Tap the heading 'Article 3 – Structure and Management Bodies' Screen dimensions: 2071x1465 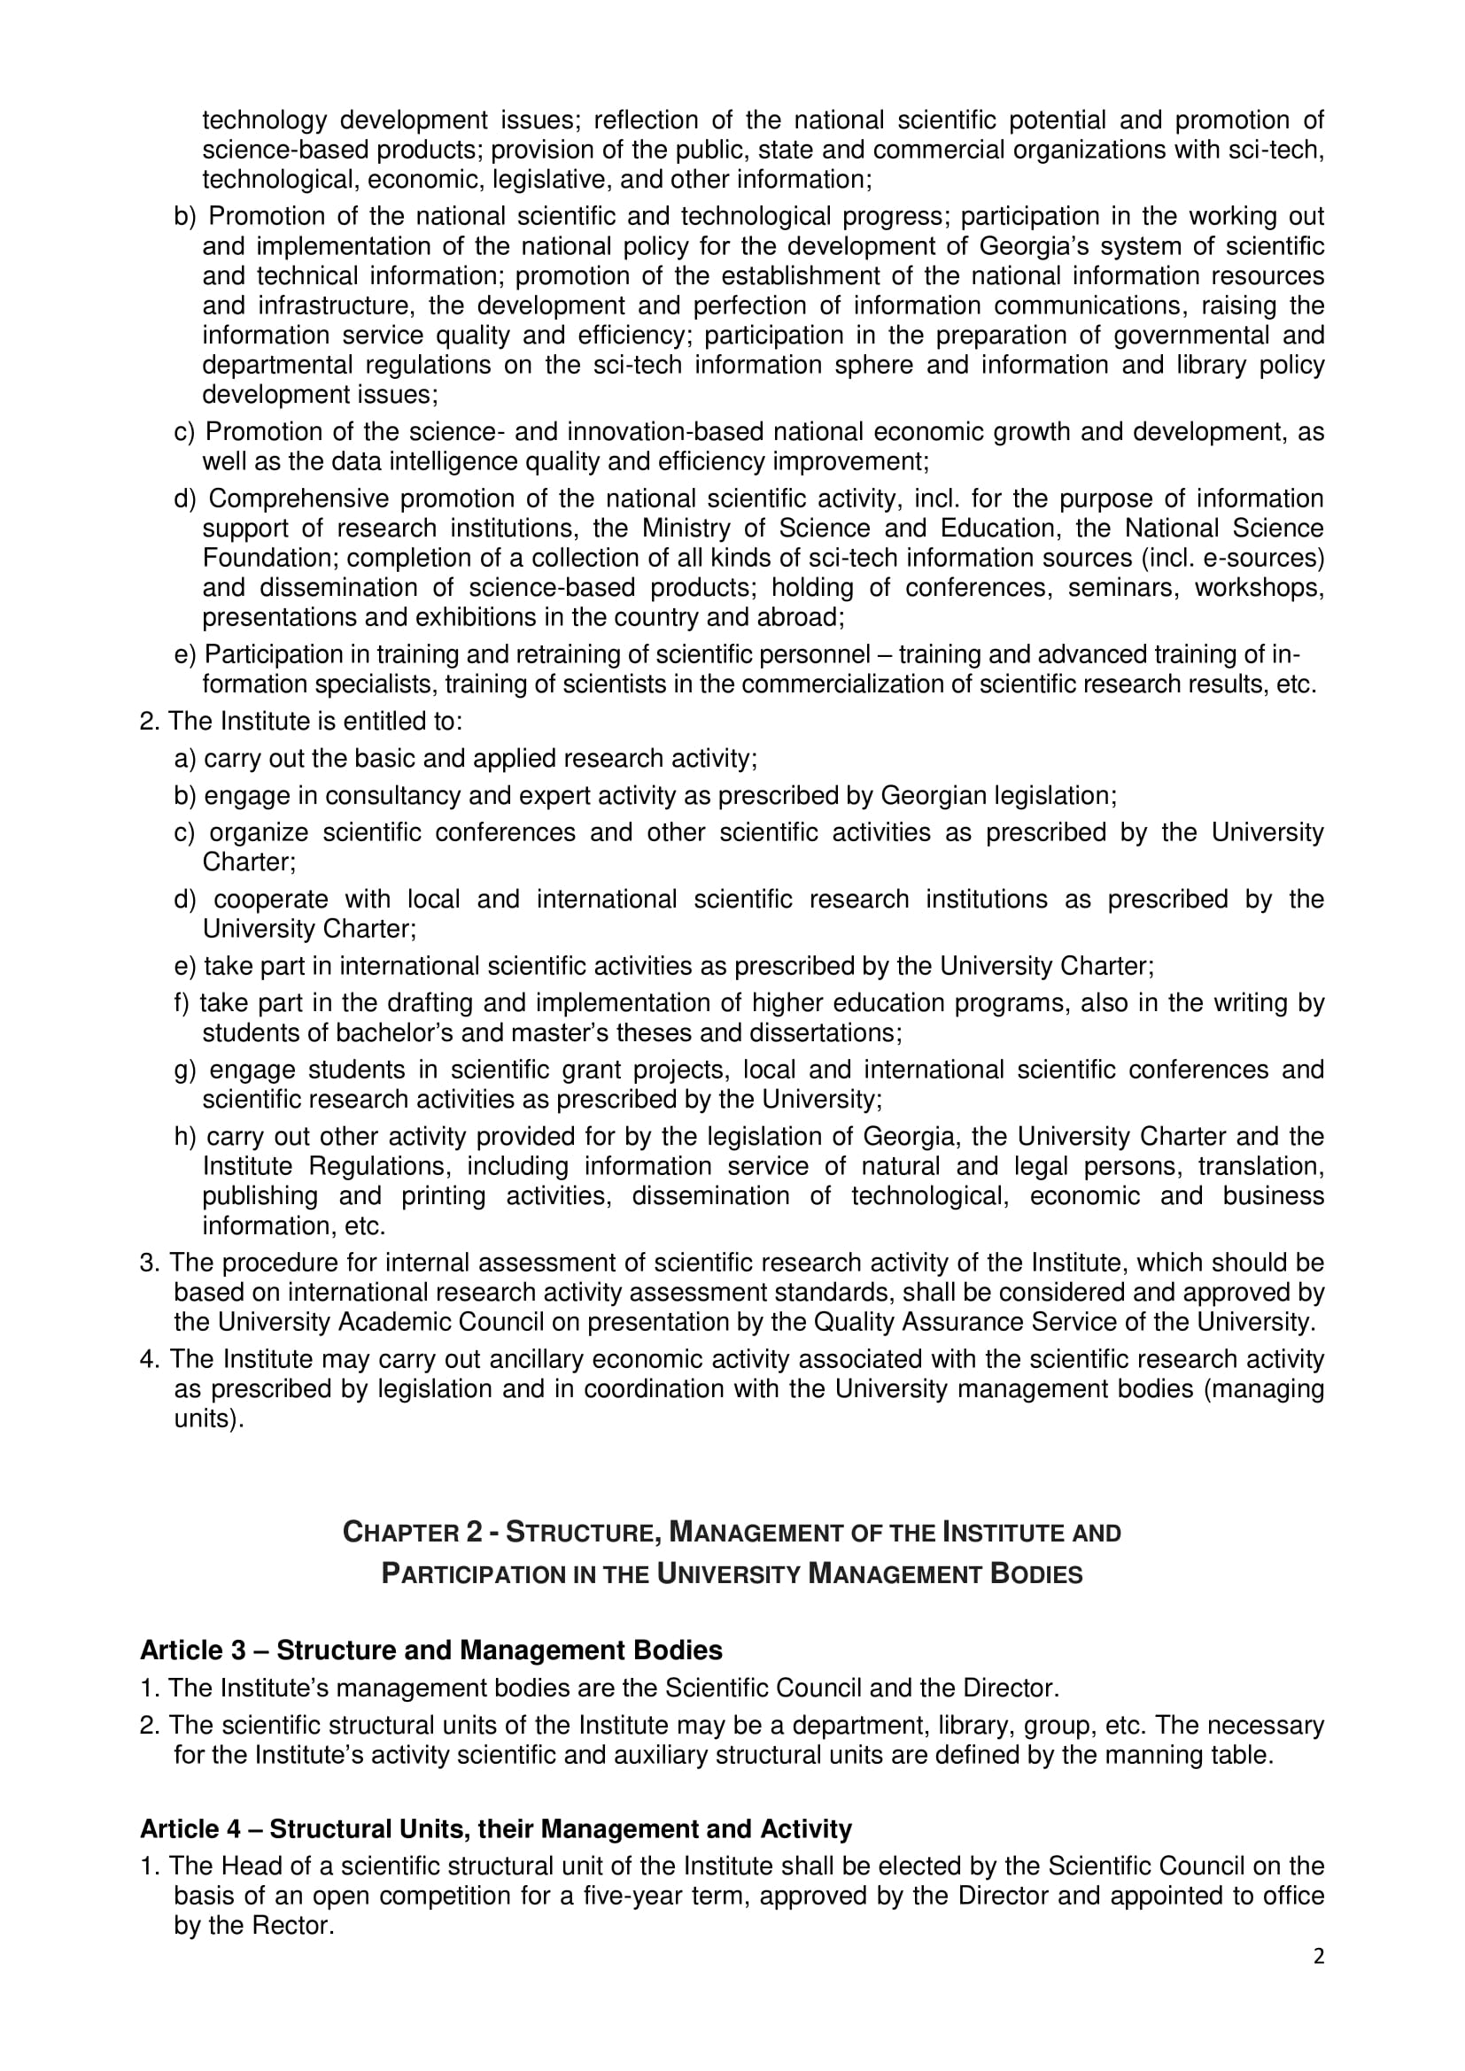coord(431,1650)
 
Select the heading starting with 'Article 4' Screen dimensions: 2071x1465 coord(495,1829)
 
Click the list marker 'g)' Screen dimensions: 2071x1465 coord(184,1070)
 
